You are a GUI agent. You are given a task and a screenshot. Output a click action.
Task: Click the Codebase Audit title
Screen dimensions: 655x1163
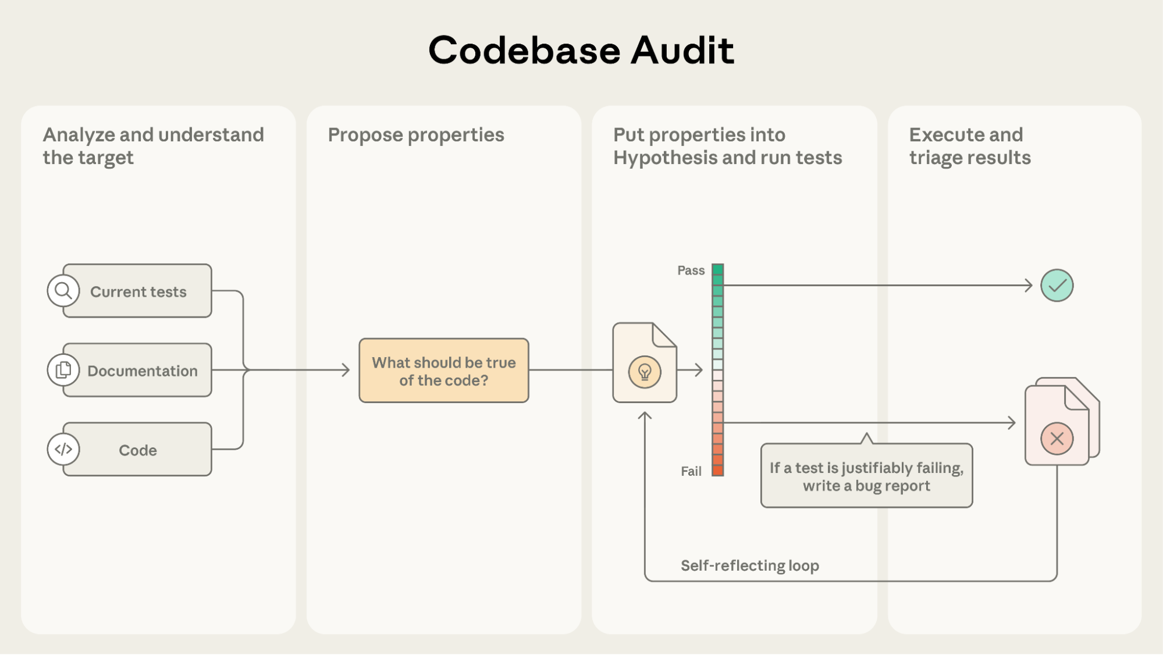coord(581,51)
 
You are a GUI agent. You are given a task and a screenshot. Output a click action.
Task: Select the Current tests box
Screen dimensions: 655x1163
coord(138,291)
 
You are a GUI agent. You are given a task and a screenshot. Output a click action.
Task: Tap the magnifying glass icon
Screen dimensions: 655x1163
coord(63,290)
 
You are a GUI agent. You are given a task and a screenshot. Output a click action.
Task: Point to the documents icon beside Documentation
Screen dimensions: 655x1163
coord(63,370)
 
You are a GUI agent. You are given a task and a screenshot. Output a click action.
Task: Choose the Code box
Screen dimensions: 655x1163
coord(138,450)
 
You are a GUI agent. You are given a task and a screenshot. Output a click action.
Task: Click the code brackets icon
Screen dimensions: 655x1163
coord(63,449)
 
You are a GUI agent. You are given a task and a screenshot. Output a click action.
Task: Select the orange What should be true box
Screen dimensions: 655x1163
coord(443,371)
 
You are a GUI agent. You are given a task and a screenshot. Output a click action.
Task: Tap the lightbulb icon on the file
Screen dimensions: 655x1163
coord(645,372)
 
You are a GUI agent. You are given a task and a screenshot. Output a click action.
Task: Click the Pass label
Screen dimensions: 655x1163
coord(691,270)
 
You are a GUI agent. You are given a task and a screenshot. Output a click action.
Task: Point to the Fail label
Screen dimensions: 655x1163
coord(691,471)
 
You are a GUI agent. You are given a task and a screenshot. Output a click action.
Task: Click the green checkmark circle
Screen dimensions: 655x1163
coord(1057,286)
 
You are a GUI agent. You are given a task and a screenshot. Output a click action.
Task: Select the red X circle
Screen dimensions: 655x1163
coord(1057,438)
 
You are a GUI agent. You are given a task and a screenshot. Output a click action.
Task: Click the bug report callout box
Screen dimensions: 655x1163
coord(866,476)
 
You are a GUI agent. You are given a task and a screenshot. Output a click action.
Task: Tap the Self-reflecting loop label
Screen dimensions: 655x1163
coord(749,565)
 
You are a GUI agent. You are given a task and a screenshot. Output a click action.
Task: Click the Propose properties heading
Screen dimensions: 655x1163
coord(415,135)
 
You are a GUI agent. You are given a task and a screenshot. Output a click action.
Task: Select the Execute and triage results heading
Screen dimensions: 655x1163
coord(969,146)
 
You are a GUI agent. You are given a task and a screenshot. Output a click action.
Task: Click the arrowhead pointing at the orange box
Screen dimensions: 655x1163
coord(346,370)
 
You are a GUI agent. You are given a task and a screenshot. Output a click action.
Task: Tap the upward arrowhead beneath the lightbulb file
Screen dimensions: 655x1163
coord(645,415)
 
